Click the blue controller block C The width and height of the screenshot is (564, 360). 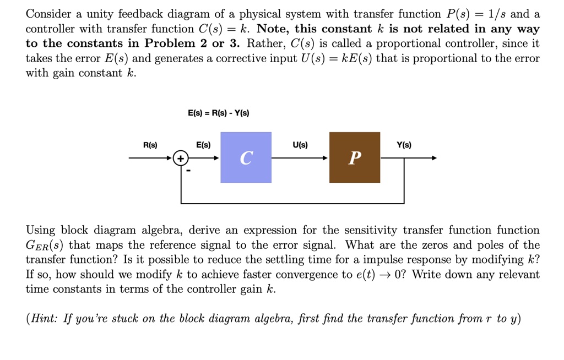pyautogui.click(x=246, y=157)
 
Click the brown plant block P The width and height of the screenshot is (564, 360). pyautogui.click(x=354, y=157)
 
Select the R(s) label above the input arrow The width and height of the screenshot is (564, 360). pyautogui.click(x=150, y=145)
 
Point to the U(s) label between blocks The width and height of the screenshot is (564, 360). pyautogui.click(x=300, y=145)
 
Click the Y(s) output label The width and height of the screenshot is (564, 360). pyautogui.click(x=404, y=145)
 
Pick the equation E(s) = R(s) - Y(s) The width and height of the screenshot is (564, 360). pyautogui.click(x=218, y=113)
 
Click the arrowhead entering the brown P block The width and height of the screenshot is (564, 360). pyautogui.click(x=326, y=158)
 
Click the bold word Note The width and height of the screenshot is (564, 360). pyautogui.click(x=273, y=29)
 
